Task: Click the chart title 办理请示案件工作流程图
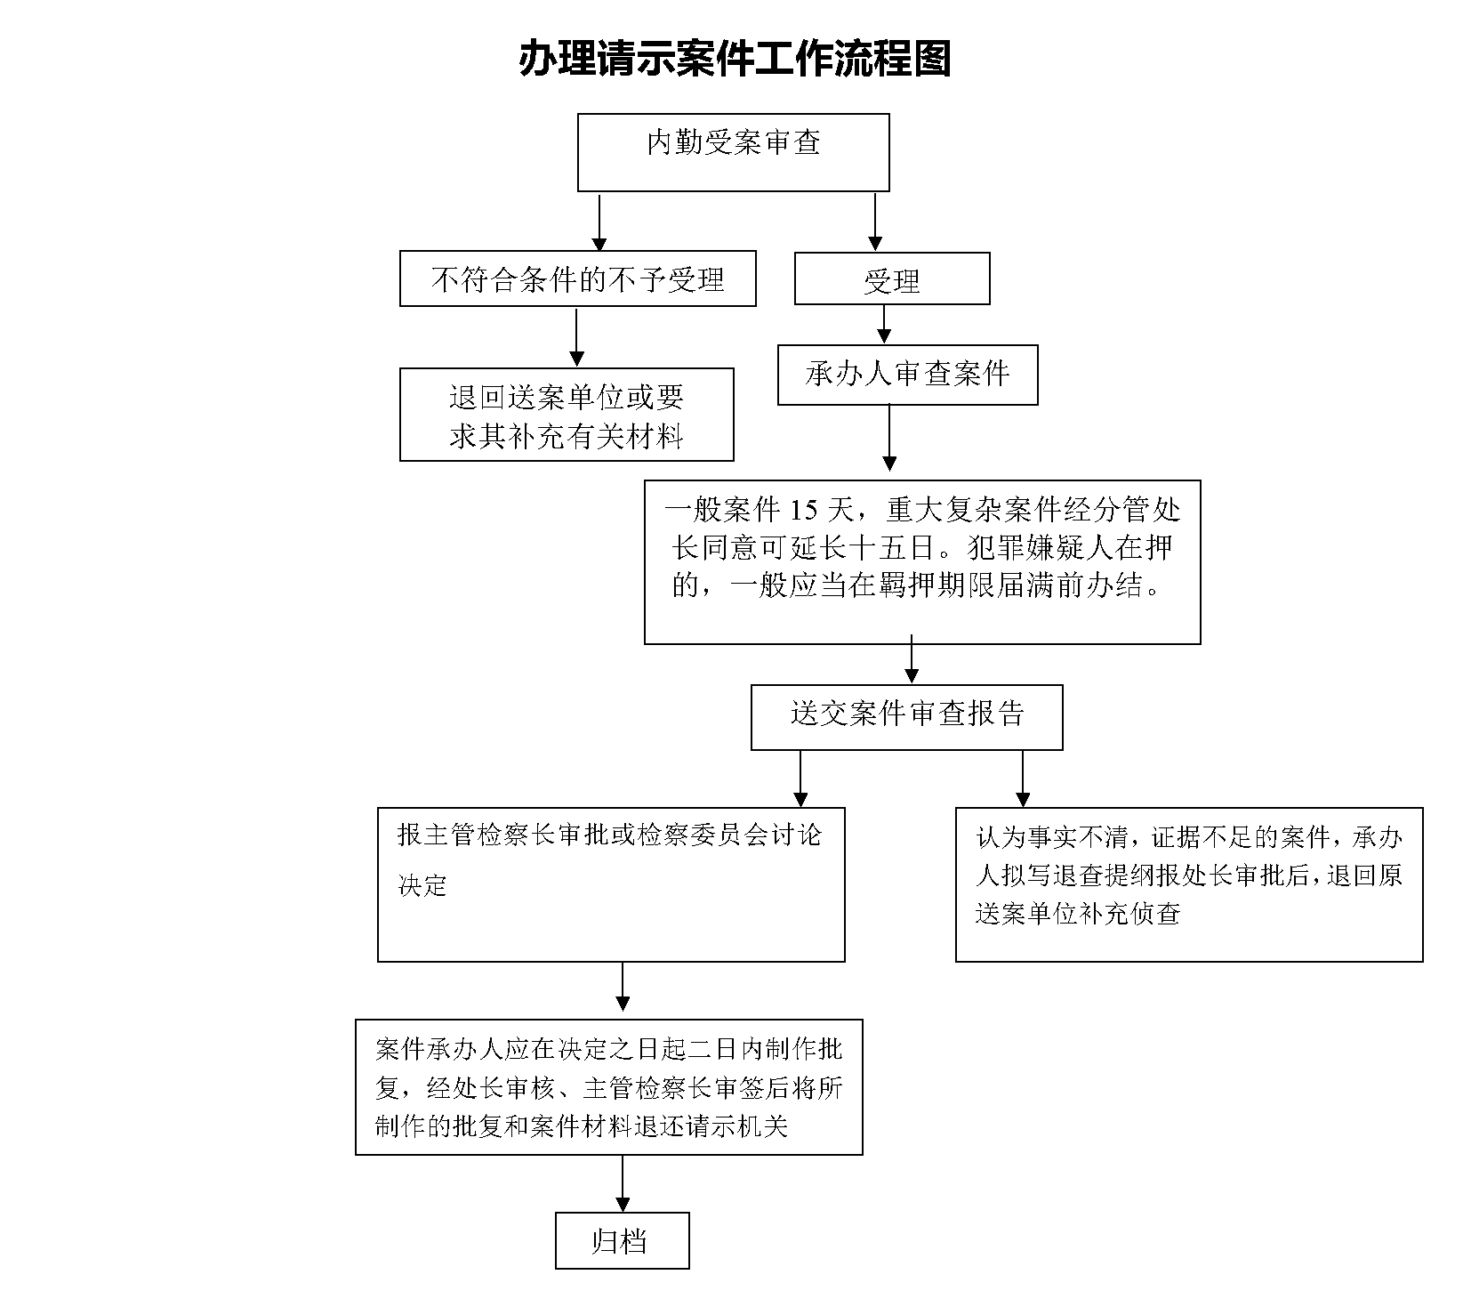pos(735,60)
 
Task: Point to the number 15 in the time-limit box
pos(802,510)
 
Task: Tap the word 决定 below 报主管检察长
pos(422,885)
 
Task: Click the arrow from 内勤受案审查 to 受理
pos(875,222)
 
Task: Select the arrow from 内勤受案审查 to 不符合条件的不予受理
pos(599,222)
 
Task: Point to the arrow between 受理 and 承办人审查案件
pos(884,325)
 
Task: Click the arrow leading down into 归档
pos(623,1183)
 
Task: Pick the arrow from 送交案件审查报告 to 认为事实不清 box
pos(1023,779)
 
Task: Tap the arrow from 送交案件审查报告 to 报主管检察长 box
pos(800,779)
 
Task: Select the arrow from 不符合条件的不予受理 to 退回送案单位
pos(577,337)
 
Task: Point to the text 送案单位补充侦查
pos(1078,914)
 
